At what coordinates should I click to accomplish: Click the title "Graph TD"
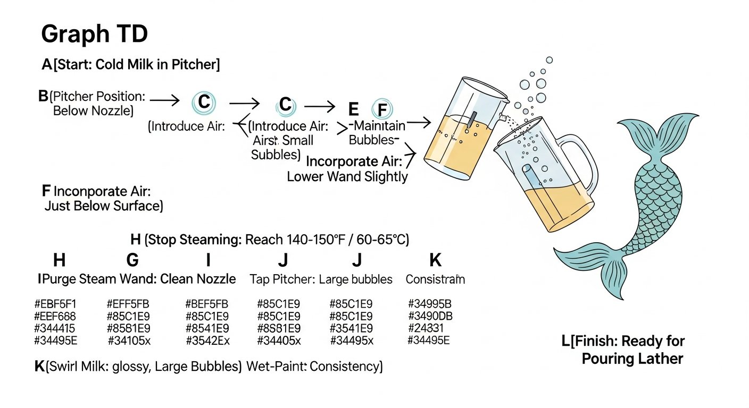tap(94, 35)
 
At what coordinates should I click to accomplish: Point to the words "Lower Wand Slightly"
tap(347, 177)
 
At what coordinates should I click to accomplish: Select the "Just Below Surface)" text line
tap(104, 206)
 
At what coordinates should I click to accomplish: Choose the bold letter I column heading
tap(209, 260)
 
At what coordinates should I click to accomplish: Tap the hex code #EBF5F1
tap(55, 304)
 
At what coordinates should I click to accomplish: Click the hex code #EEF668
tap(55, 316)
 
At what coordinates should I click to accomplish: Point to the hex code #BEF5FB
tap(207, 304)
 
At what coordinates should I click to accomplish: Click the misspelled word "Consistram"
tap(435, 279)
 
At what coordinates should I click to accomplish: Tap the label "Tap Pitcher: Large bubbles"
tap(321, 279)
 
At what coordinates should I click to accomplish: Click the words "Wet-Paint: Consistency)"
tap(314, 367)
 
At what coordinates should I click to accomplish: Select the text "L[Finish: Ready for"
tap(623, 341)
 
